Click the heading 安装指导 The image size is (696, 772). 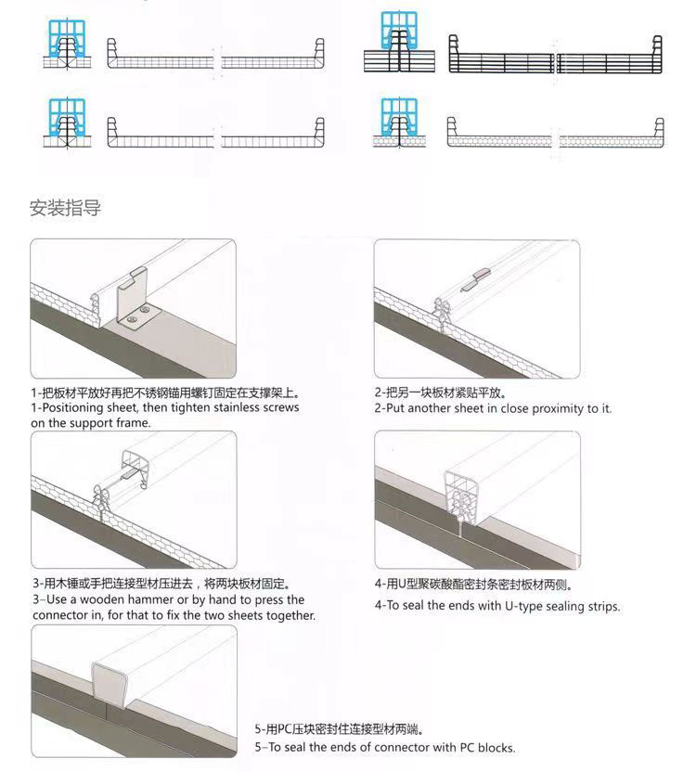[65, 209]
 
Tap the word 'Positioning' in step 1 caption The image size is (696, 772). [76, 407]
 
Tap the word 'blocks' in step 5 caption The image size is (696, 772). [495, 747]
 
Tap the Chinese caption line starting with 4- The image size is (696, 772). [472, 585]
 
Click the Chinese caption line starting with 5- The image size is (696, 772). [344, 730]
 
